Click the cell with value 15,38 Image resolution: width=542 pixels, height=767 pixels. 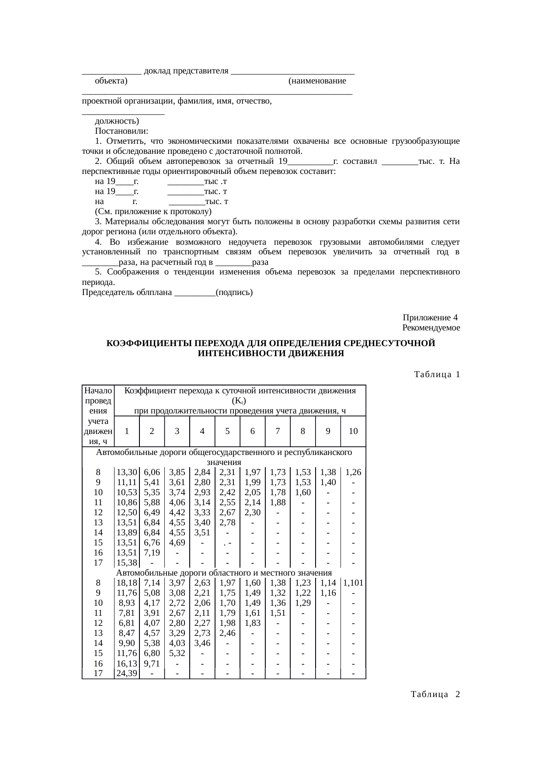[x=127, y=563]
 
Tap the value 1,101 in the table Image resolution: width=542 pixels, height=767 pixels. [x=353, y=583]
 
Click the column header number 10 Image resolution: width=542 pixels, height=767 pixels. [x=353, y=431]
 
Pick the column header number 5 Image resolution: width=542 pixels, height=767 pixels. [x=227, y=431]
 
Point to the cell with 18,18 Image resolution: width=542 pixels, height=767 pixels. [x=127, y=583]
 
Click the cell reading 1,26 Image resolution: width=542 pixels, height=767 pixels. [x=353, y=472]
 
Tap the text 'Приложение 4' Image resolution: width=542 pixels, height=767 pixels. [x=430, y=317]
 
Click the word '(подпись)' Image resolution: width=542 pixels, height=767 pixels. [x=234, y=292]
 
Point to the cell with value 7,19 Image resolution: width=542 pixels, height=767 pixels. [x=152, y=553]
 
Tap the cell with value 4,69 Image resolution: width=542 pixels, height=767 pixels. [x=177, y=543]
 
